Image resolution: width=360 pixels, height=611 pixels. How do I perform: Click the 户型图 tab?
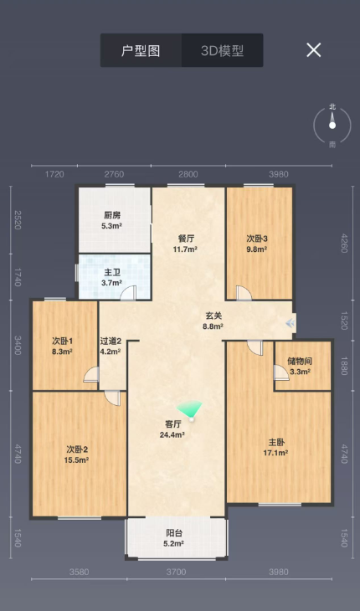[x=141, y=50]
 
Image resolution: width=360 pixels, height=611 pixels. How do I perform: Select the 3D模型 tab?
[x=222, y=50]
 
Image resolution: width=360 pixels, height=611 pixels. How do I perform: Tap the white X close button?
[x=314, y=50]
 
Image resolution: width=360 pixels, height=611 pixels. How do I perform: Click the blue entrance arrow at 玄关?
[x=290, y=323]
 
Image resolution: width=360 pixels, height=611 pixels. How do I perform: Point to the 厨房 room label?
[x=112, y=215]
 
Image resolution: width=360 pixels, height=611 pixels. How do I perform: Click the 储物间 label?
[x=300, y=362]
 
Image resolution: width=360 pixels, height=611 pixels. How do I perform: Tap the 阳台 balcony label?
[x=174, y=533]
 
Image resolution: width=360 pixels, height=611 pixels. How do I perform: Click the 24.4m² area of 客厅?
[x=172, y=434]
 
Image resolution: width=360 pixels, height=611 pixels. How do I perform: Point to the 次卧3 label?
[x=257, y=239]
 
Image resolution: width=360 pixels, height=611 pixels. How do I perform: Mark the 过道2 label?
[x=111, y=341]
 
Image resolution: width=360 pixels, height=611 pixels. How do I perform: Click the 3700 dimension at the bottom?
[x=176, y=572]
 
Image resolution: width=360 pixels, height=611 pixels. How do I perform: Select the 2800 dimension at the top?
[x=188, y=174]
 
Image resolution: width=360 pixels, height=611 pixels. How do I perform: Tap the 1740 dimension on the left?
[x=18, y=277]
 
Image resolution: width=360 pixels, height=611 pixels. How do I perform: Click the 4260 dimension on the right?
[x=343, y=243]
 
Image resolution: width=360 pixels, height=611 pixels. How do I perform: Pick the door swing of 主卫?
[x=128, y=293]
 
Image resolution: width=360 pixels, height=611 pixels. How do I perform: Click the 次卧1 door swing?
[x=91, y=374]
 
